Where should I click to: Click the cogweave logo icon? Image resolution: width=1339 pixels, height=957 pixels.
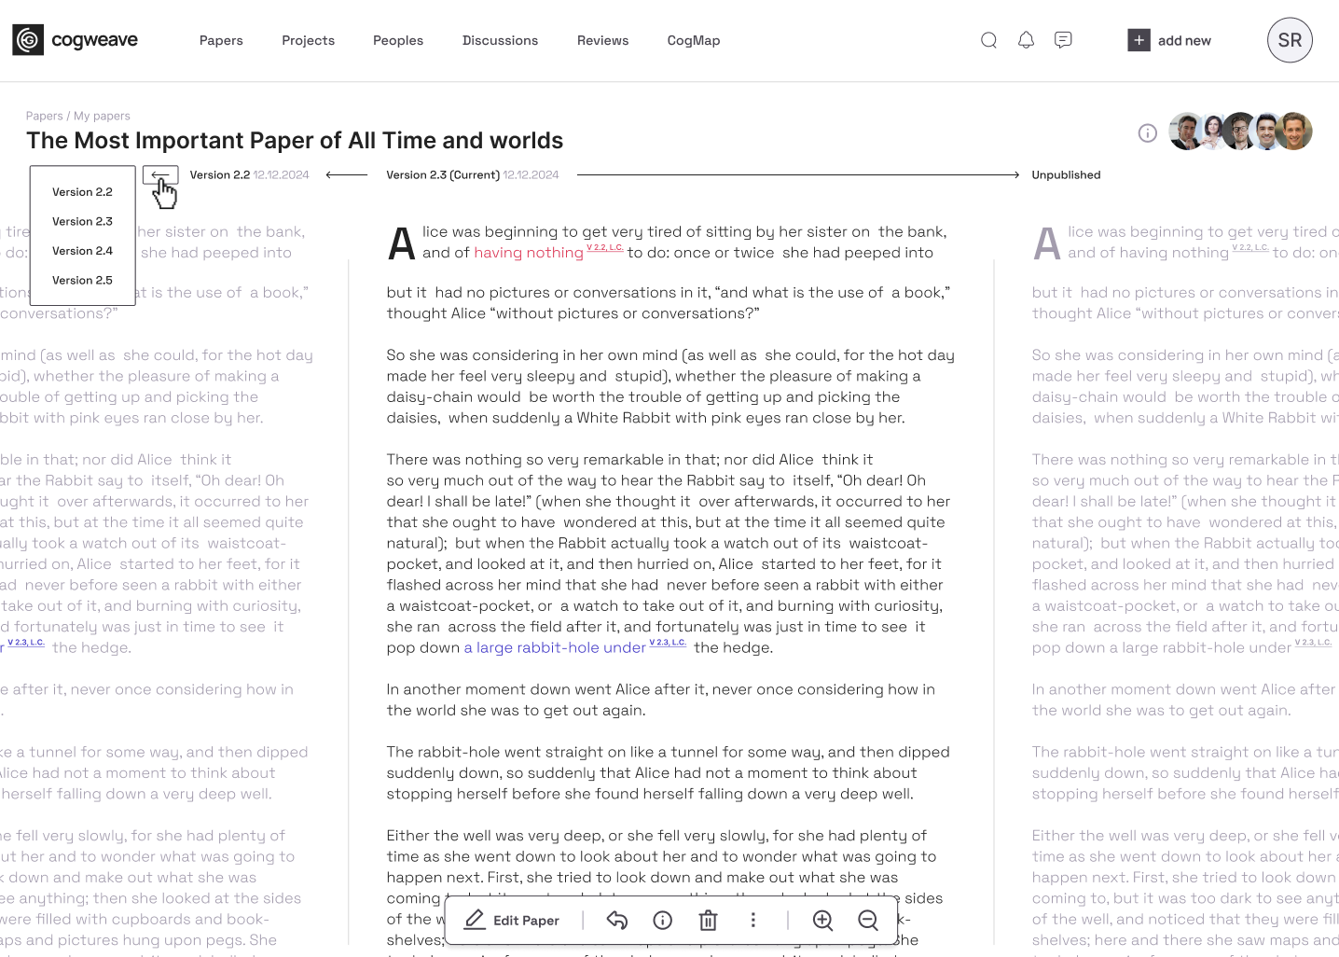[28, 40]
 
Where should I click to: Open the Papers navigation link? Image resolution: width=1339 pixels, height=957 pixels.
[221, 41]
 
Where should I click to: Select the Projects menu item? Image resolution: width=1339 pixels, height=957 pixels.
[308, 41]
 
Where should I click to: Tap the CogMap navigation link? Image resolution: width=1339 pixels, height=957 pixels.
[694, 41]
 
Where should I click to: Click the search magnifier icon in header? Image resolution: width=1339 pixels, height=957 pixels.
[988, 40]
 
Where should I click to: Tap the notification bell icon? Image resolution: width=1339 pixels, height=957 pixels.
[1026, 40]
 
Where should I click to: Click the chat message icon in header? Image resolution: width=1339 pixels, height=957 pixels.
[1063, 40]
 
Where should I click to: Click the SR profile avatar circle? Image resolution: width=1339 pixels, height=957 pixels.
[1290, 40]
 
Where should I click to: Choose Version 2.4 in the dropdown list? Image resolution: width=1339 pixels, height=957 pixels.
[82, 251]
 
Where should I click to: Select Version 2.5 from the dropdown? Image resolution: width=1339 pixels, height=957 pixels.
[82, 281]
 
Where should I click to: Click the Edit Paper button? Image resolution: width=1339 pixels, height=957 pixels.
[512, 921]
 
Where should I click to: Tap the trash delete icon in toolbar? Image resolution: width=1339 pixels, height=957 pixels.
[708, 921]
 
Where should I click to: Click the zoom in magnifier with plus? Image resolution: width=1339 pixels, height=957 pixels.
[822, 921]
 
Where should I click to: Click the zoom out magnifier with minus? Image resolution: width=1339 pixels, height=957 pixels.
[868, 921]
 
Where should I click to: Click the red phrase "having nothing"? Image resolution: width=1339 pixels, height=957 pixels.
[529, 253]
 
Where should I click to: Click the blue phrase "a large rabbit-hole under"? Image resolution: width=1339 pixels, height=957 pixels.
[555, 648]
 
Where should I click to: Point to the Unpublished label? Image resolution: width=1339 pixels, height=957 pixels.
[1066, 175]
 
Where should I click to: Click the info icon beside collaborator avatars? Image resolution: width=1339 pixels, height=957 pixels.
[1147, 133]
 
